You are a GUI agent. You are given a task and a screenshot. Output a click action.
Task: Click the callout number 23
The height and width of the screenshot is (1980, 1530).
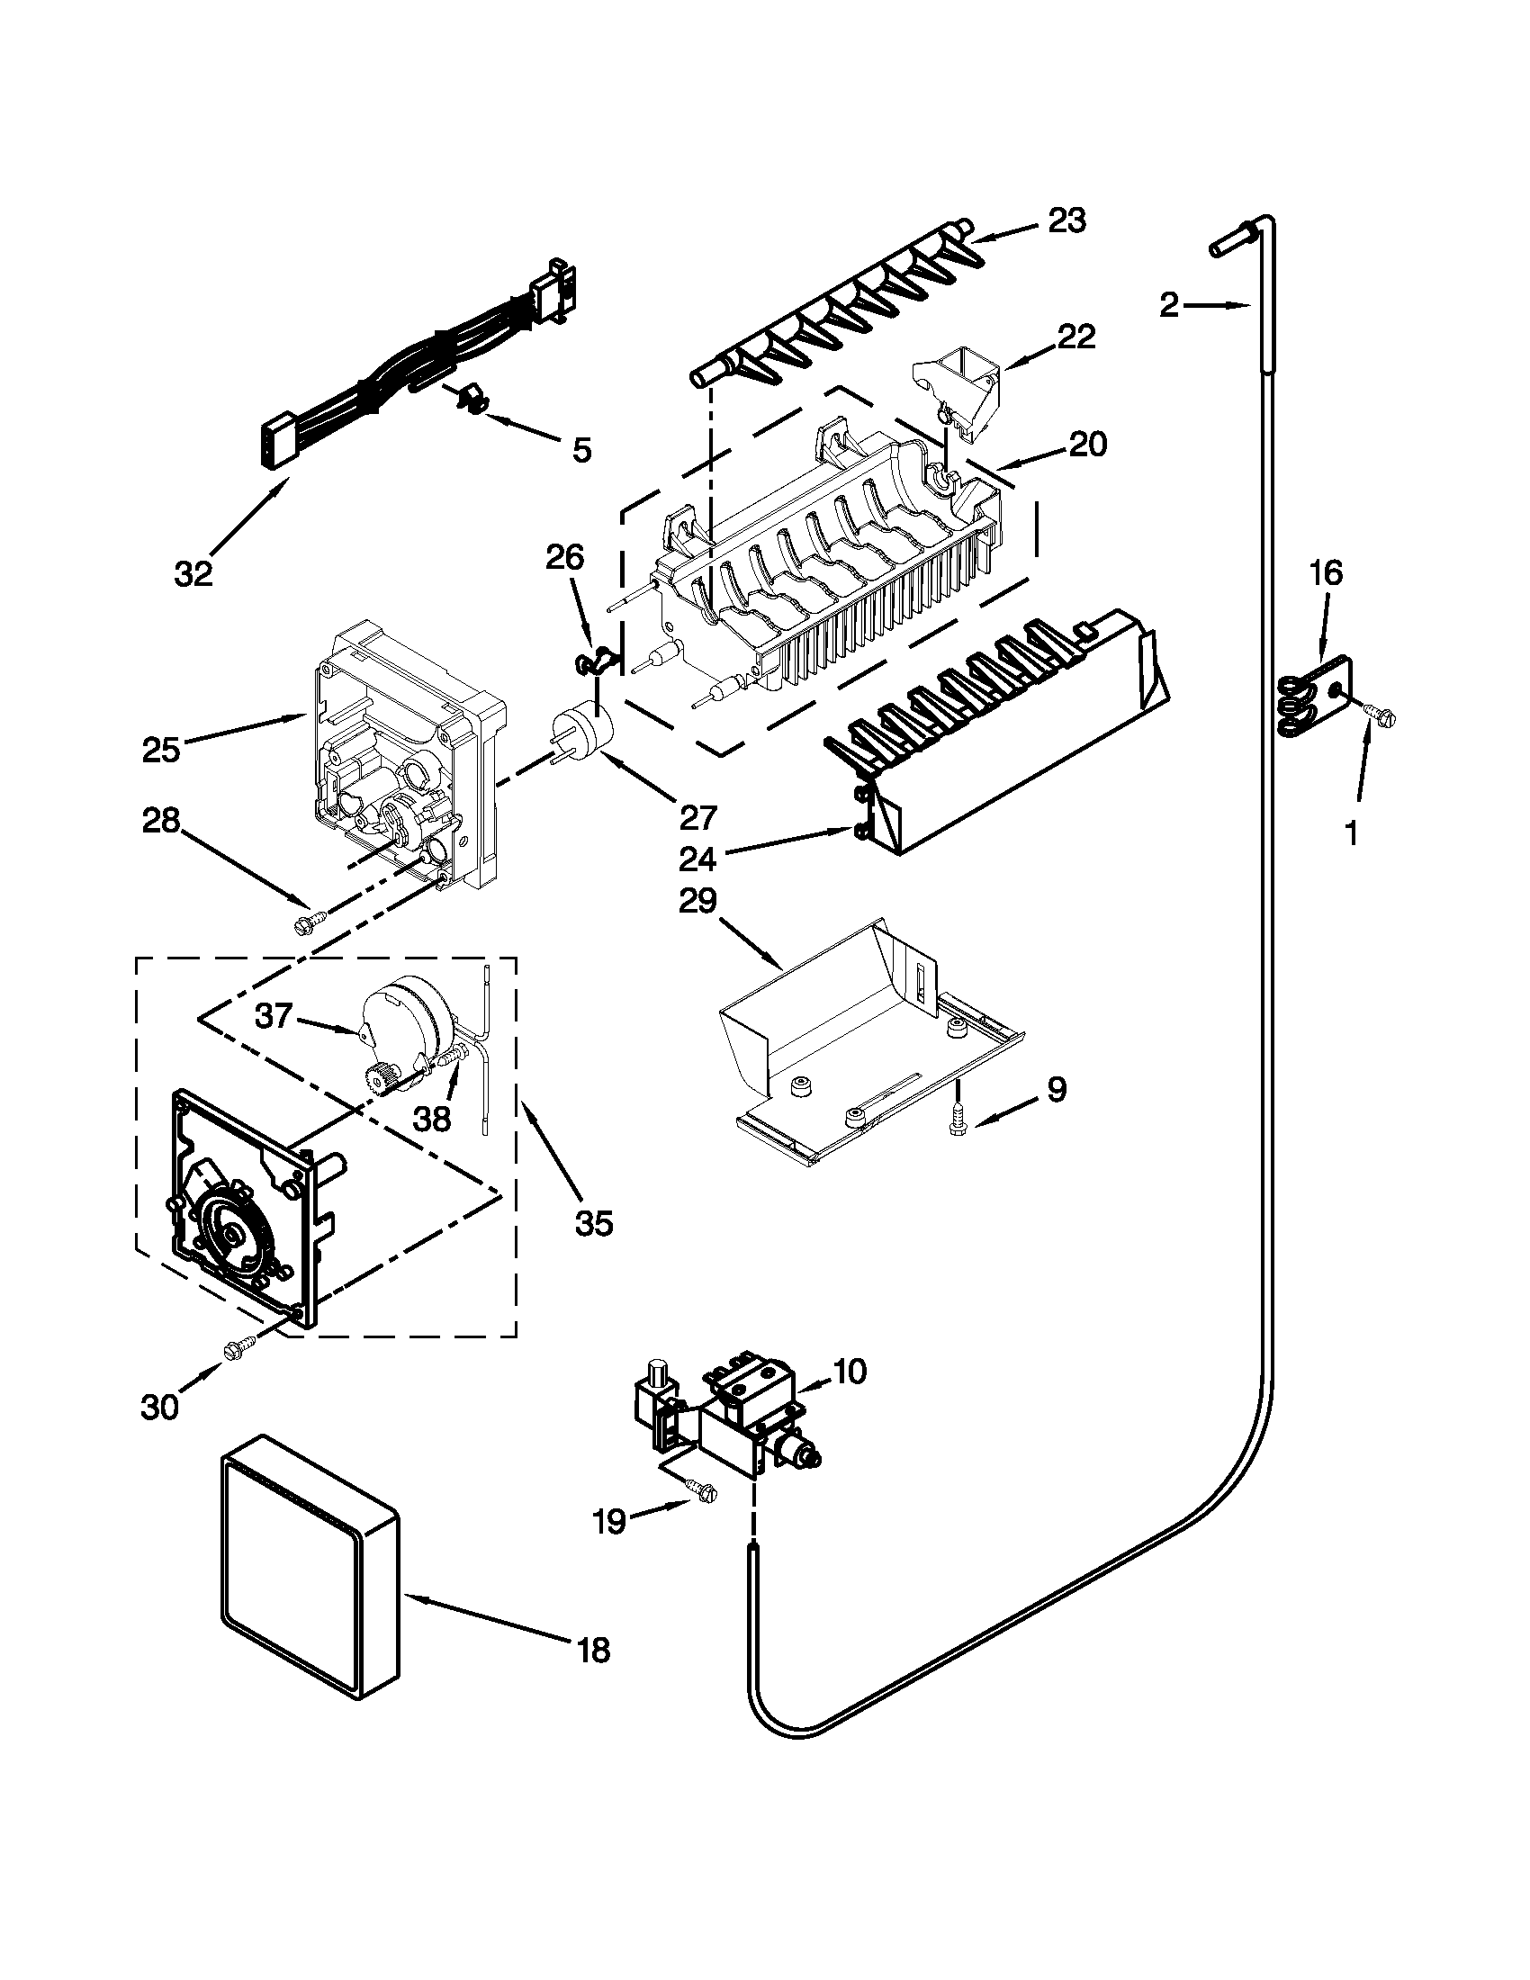click(1066, 220)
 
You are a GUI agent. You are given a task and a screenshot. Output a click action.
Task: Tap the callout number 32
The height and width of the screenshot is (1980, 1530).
click(193, 573)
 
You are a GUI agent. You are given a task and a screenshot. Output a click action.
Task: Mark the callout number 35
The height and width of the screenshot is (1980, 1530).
click(593, 1223)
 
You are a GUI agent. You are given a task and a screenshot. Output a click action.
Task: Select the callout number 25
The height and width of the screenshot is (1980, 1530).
click(161, 750)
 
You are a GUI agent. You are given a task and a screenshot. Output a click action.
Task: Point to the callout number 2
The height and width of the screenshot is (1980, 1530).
click(1170, 305)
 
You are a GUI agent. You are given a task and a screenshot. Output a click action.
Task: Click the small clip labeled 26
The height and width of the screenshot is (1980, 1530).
click(594, 665)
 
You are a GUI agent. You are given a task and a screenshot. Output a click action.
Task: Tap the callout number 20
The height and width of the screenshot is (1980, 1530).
click(1087, 445)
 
